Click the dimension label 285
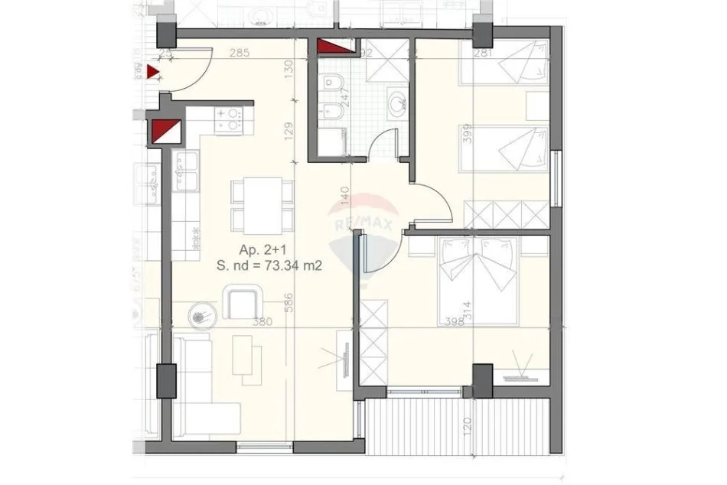[x=240, y=54]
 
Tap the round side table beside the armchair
[x=201, y=314]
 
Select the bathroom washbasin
[x=397, y=102]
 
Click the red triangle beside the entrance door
[x=153, y=73]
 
